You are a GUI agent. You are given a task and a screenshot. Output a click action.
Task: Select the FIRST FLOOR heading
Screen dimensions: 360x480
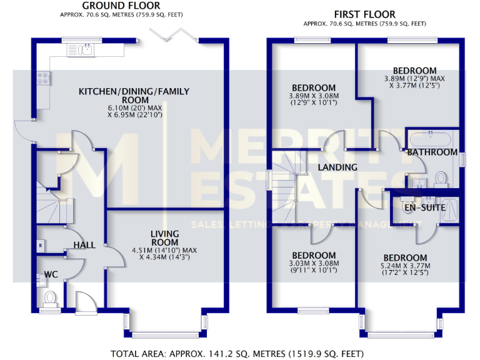[365, 14]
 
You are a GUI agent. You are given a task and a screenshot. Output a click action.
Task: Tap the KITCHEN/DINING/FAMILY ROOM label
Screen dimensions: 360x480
[134, 96]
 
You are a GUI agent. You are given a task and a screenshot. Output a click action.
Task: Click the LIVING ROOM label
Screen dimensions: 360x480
[164, 238]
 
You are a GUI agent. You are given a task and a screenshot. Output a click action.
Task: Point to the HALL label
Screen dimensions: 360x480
[84, 245]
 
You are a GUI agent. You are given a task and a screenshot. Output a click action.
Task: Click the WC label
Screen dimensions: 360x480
[51, 274]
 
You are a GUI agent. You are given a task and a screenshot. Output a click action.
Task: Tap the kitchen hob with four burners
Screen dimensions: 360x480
[44, 78]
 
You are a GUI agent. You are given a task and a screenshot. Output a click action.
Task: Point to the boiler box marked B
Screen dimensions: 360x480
[40, 246]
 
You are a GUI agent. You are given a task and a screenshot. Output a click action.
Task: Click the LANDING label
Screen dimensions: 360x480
[337, 167]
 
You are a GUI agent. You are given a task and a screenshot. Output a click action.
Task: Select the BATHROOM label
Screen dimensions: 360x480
[432, 152]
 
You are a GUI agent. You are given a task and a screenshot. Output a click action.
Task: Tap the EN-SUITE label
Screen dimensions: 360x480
[425, 207]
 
